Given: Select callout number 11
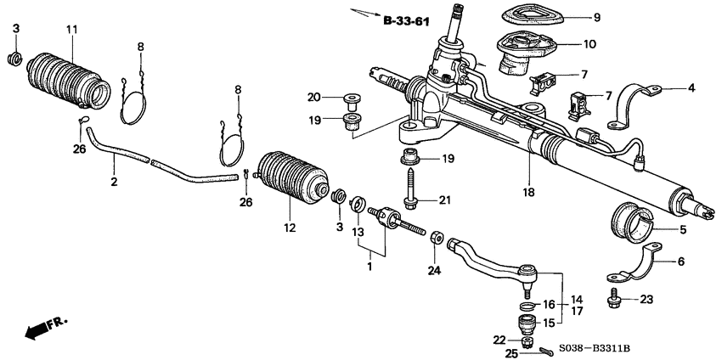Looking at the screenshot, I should pos(72,30).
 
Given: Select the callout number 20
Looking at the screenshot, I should pos(313,96).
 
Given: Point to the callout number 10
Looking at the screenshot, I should pos(589,43).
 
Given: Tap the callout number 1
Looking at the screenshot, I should pos(368,267).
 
